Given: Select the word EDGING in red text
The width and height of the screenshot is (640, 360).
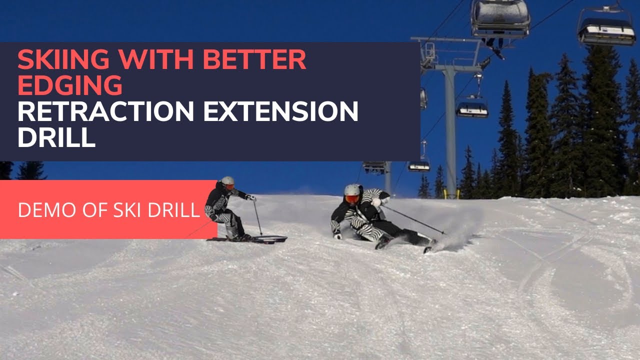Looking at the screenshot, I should click(70, 86).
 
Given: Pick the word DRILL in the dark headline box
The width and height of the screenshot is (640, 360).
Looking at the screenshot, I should click(56, 137).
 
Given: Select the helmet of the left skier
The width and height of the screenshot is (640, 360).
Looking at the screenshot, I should click(228, 181).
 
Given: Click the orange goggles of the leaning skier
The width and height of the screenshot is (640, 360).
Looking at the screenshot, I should click(352, 199).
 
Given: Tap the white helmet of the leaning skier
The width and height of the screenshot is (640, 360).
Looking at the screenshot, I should click(352, 190).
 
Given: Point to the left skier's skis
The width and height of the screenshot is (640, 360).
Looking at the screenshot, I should click(250, 239).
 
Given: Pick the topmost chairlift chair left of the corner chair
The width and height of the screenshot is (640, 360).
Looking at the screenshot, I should click(500, 17).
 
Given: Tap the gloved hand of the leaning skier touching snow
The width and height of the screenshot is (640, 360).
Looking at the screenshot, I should click(337, 235).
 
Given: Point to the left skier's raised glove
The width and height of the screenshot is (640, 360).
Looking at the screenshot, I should click(251, 198).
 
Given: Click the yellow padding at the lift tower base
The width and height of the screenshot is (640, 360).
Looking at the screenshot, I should click(451, 194).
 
